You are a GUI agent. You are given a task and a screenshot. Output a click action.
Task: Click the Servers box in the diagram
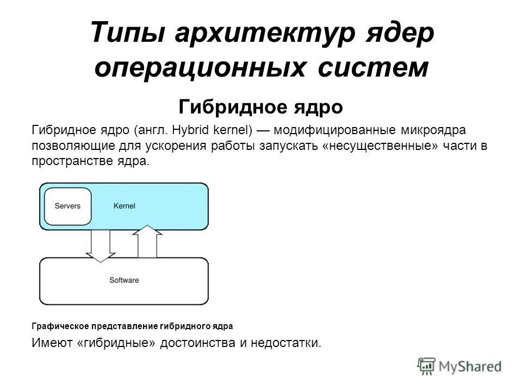(67, 206)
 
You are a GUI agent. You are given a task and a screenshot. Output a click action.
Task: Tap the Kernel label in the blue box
(125, 206)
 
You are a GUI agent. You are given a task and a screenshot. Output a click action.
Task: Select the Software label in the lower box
(124, 280)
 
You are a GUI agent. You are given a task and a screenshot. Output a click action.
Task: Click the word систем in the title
(370, 67)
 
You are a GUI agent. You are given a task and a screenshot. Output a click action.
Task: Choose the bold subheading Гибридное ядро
(261, 107)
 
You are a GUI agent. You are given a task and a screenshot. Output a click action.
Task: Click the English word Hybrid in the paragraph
(195, 130)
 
